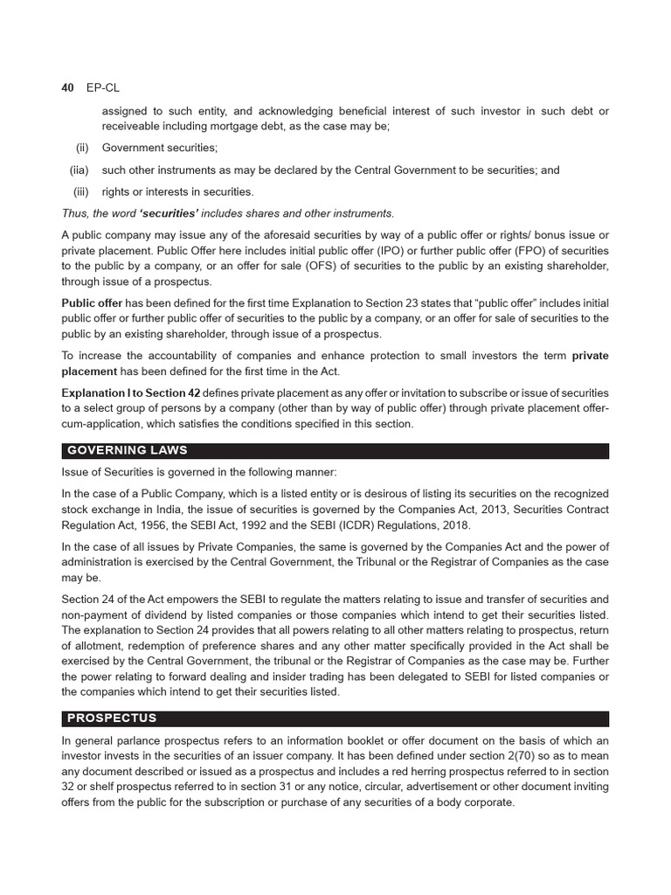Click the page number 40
[x=67, y=88]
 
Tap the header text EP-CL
[x=100, y=88]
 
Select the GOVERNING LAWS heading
[x=128, y=451]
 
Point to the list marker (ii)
[x=83, y=149]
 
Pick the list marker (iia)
[x=80, y=170]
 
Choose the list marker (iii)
[x=82, y=192]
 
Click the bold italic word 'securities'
[x=159, y=213]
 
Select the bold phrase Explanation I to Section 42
[x=131, y=392]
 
